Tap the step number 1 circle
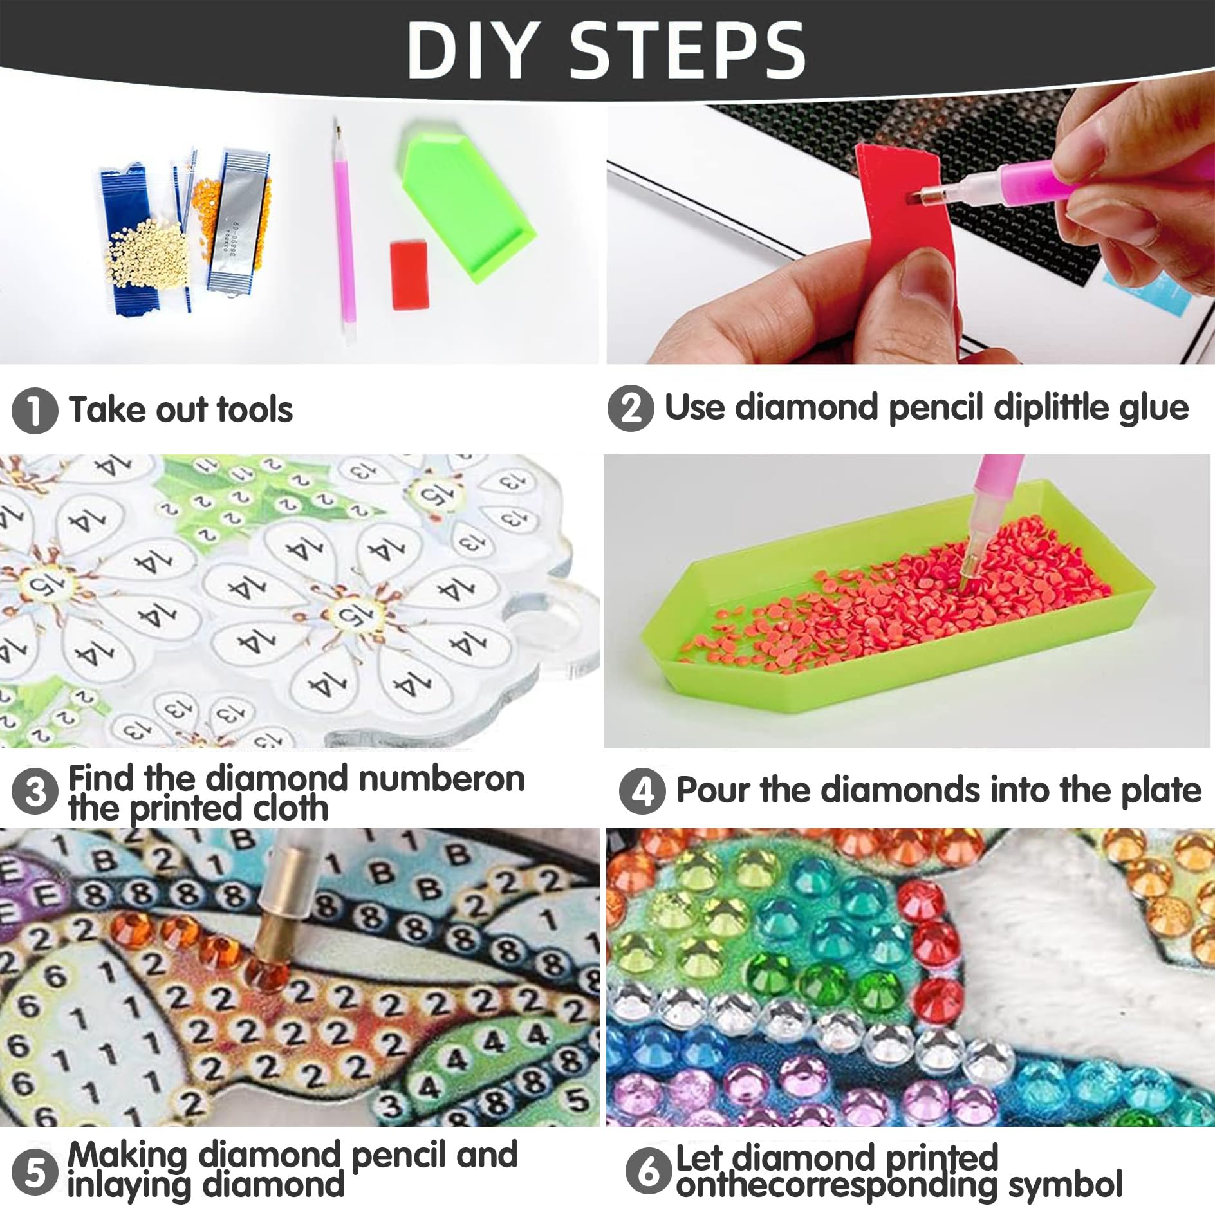pos(35,411)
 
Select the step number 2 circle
pos(631,408)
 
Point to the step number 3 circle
pos(35,792)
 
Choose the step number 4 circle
pos(642,791)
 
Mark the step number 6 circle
pos(649,1171)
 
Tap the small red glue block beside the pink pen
pos(410,275)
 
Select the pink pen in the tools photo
pos(344,228)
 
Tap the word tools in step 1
pos(255,410)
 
